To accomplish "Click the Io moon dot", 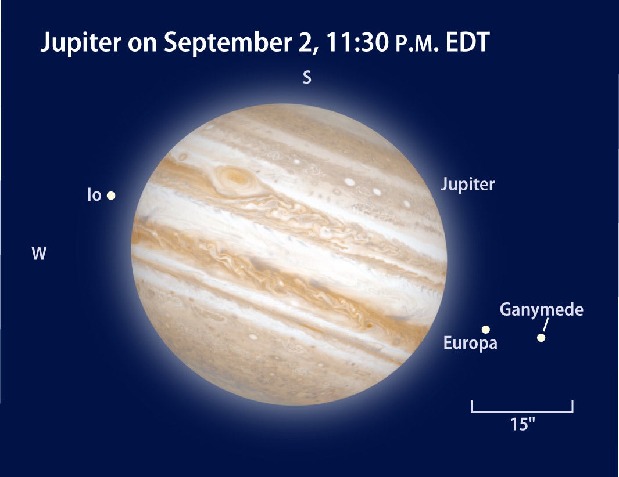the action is click(x=111, y=195).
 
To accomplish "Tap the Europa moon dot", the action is click(x=486, y=329).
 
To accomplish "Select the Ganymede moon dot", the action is click(x=541, y=338).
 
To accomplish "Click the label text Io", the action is click(x=94, y=195).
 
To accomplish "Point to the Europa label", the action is click(x=470, y=342).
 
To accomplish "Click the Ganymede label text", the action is click(x=542, y=309).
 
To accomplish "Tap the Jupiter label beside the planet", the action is click(x=467, y=184).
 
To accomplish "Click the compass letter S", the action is click(x=307, y=77).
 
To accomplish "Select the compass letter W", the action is click(x=39, y=253).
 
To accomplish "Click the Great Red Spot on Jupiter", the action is click(x=235, y=179).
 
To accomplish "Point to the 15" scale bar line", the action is click(x=523, y=411).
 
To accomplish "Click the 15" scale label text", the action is click(x=523, y=424).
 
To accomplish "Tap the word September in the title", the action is click(x=228, y=42).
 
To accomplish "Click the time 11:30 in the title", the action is click(x=357, y=42).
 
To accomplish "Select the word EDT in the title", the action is click(x=467, y=42).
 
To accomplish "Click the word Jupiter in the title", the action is click(x=81, y=42).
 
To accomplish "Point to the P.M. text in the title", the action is click(x=417, y=44).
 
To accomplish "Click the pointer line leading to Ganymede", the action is click(x=546, y=325).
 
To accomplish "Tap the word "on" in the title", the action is click(x=142, y=44).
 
